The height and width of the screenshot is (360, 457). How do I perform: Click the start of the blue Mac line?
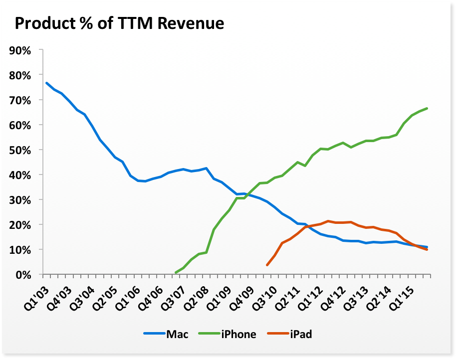46,83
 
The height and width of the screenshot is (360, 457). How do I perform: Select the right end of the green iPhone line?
427,108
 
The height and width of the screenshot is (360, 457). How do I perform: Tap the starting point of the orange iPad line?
267,265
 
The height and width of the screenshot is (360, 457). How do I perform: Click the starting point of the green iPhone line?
176,273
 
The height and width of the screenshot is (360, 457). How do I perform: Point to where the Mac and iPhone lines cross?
246,195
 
